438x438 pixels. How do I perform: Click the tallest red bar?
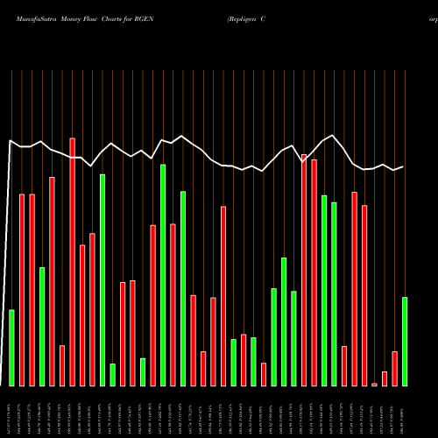[73, 262]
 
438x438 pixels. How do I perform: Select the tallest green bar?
[163, 275]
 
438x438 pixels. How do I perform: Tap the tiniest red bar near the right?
[374, 385]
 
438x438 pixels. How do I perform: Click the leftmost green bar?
[12, 348]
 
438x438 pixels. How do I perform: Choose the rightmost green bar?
[405, 342]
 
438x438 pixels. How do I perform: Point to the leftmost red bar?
[22, 290]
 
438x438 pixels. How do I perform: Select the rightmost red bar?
[394, 368]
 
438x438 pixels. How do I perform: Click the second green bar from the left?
[42, 326]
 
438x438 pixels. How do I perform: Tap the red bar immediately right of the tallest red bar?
[82, 315]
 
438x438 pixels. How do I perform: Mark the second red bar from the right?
[385, 378]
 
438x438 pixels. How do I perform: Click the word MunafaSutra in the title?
[29, 17]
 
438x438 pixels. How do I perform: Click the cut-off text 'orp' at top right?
[432, 17]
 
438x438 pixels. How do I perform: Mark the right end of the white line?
[403, 166]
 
